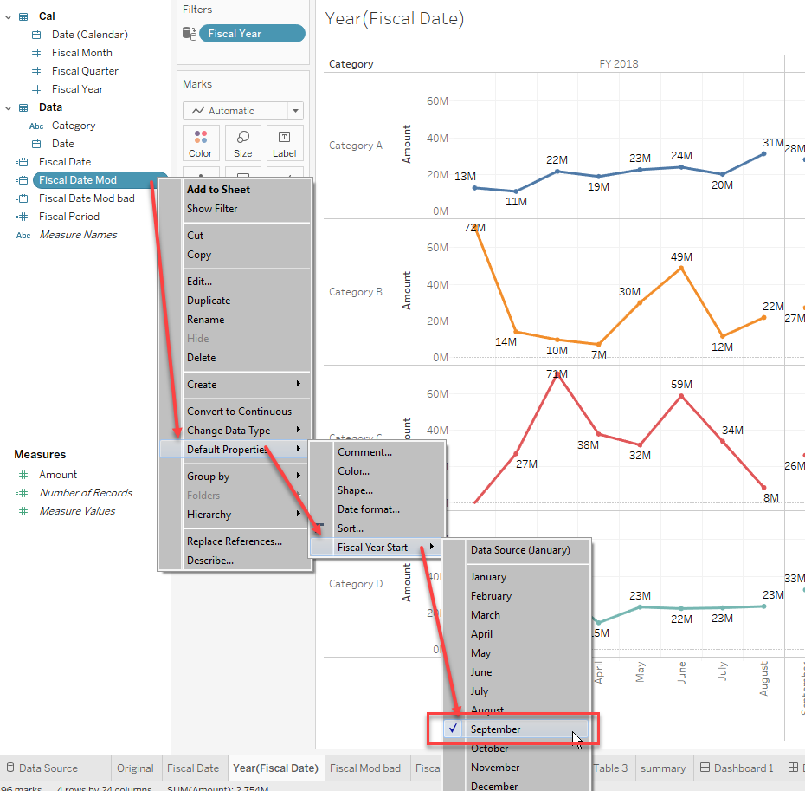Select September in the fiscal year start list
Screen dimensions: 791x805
[496, 729]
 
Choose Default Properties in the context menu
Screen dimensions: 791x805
[227, 449]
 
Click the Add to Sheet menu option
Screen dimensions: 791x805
[218, 190]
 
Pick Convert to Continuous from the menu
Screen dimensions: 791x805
[239, 412]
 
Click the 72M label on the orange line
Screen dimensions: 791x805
[474, 228]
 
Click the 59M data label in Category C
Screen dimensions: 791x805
[681, 384]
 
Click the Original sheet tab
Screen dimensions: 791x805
[135, 768]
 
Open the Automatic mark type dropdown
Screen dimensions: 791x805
[243, 111]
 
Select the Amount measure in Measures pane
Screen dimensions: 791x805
[58, 475]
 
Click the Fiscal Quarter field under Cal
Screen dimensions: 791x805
[85, 71]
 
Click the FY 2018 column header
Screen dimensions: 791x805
[618, 64]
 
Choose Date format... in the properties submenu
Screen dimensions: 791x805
[369, 509]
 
